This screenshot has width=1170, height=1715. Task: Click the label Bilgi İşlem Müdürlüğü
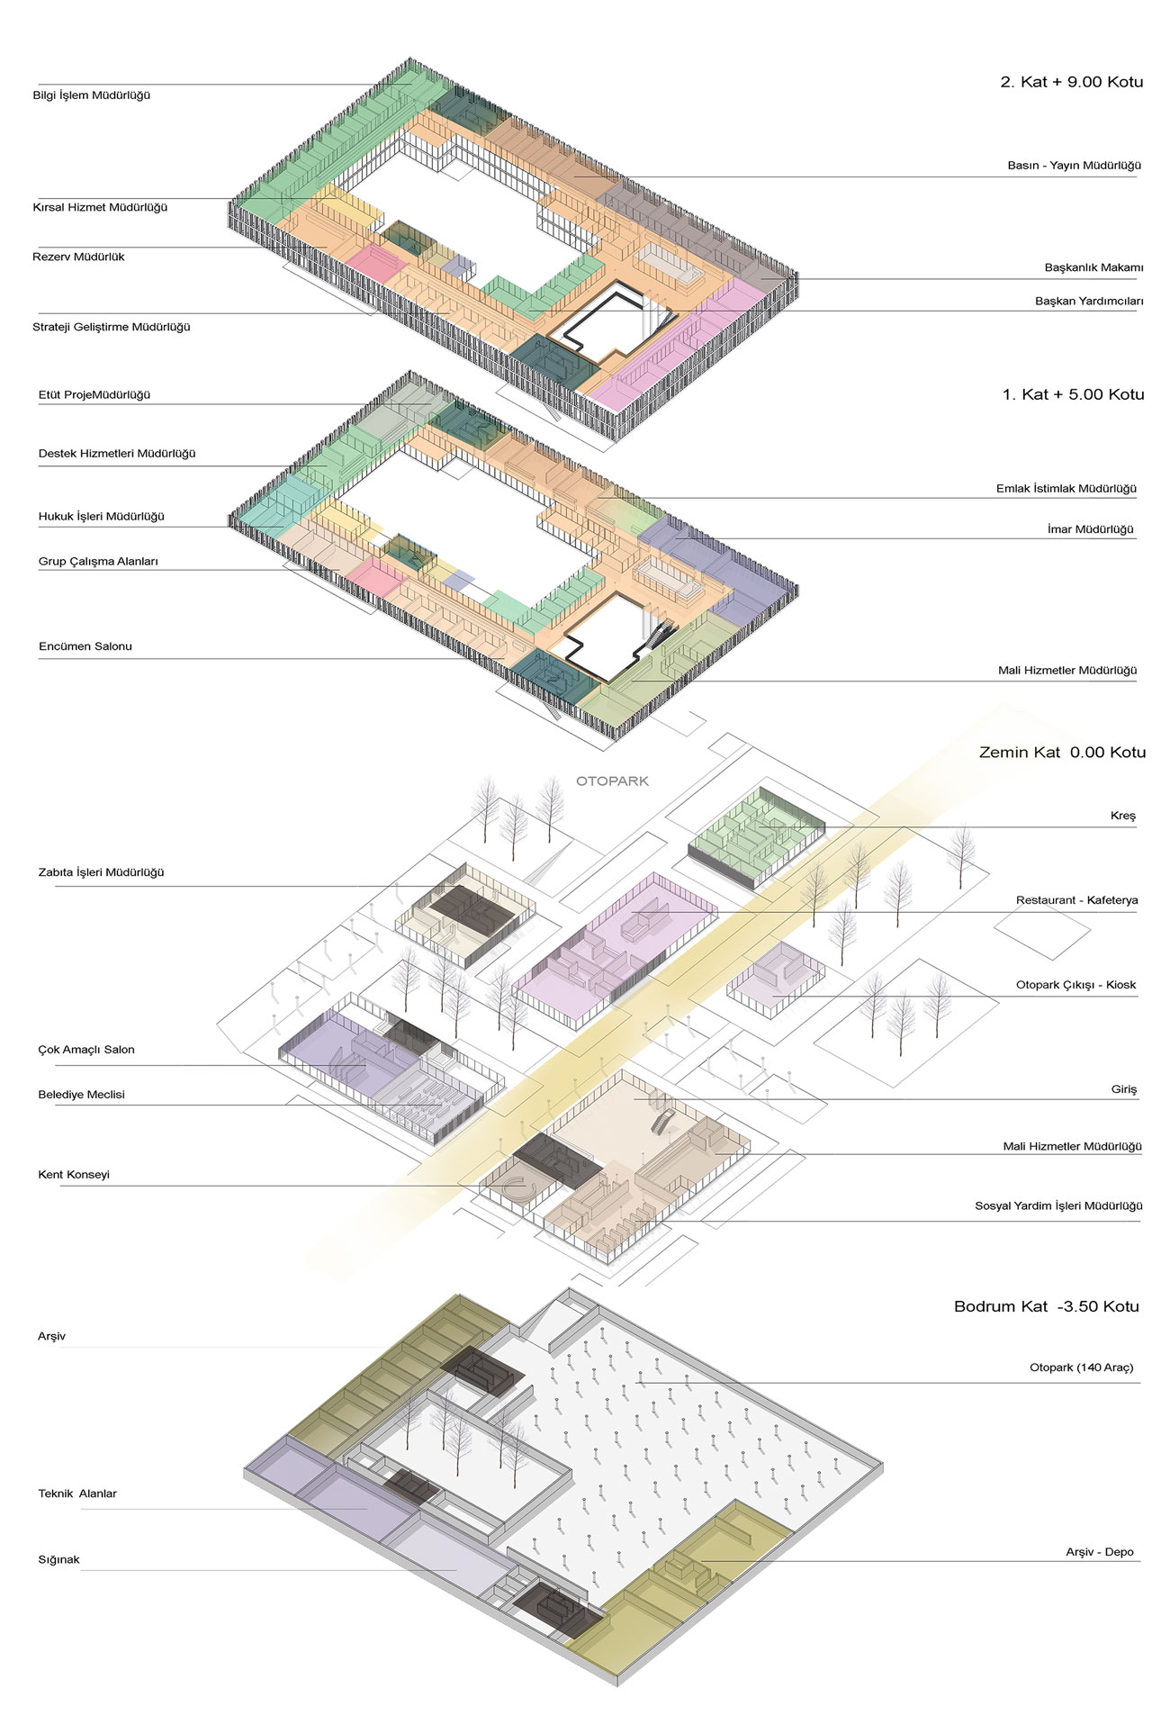tap(92, 95)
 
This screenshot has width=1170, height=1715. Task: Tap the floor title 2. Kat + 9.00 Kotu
tap(1071, 82)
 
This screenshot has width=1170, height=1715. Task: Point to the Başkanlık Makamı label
tap(1093, 267)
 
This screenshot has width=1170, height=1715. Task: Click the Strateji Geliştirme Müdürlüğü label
tap(112, 328)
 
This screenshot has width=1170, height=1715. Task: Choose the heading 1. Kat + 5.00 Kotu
tap(1073, 394)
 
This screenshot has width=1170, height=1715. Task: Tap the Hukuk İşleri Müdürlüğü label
tap(102, 517)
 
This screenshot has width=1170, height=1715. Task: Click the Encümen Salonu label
tap(85, 646)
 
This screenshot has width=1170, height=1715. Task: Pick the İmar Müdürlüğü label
tap(1091, 529)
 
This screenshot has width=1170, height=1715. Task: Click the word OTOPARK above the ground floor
tap(612, 781)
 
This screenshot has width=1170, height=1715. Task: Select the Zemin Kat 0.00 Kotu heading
tap(1062, 753)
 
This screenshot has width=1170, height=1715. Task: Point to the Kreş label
tap(1123, 816)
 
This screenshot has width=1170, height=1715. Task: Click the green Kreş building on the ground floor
tap(757, 837)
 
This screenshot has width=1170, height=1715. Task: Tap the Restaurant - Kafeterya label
tap(1076, 900)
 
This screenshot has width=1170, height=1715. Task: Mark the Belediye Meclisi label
tap(81, 1095)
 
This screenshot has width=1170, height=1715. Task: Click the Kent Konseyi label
tap(74, 1175)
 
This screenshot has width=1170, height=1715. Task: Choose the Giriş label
tap(1124, 1089)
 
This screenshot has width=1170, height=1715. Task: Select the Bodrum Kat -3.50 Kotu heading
tap(1047, 1306)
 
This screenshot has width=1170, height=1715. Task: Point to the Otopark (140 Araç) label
tap(1082, 1367)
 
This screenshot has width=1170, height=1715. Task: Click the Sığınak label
tap(59, 1559)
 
